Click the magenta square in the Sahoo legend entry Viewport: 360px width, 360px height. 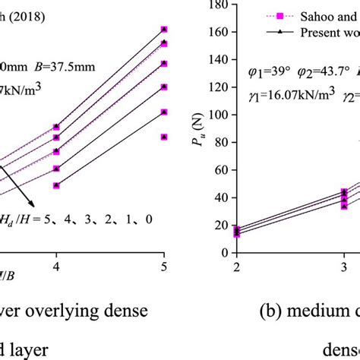click(x=268, y=15)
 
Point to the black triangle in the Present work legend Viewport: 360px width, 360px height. click(x=268, y=33)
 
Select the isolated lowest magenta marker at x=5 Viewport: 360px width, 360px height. click(x=164, y=137)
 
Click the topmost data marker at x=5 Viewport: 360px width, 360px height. click(x=164, y=30)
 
